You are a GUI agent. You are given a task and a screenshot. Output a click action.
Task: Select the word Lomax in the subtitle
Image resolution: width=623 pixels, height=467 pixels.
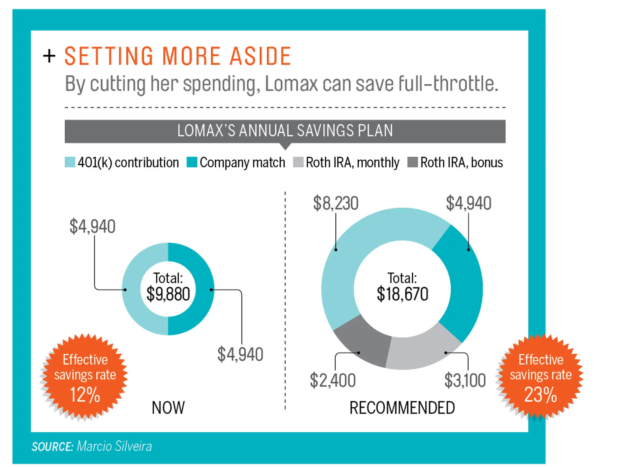point(291,84)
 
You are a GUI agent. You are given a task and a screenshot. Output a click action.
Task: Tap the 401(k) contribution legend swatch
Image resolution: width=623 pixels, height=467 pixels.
point(70,162)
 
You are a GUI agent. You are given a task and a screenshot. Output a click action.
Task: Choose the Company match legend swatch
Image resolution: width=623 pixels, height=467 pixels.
point(192,162)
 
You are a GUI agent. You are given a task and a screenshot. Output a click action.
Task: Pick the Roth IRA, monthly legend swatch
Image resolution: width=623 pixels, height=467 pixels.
point(298,162)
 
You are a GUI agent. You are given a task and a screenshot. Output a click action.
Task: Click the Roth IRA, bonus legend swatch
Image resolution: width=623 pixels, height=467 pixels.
point(412,162)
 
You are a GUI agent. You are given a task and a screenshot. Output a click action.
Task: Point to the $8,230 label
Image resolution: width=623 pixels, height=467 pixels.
point(336,203)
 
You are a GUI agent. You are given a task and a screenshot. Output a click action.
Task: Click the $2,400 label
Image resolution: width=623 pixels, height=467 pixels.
point(333,380)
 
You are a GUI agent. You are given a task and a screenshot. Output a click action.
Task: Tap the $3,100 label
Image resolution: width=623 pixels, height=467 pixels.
point(465,380)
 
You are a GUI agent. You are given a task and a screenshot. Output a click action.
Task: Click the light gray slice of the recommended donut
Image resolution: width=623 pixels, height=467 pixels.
point(421,350)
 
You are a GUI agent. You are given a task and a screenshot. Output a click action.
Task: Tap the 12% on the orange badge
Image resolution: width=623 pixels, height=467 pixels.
point(85,395)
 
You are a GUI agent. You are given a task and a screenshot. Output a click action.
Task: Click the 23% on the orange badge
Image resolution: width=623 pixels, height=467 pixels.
point(541,395)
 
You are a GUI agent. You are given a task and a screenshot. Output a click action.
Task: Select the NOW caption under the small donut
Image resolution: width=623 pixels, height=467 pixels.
point(168,408)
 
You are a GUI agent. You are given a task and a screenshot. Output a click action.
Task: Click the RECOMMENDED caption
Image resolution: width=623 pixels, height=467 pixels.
point(402,408)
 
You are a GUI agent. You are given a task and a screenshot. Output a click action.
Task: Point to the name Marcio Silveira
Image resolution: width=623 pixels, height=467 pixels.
point(114,446)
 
